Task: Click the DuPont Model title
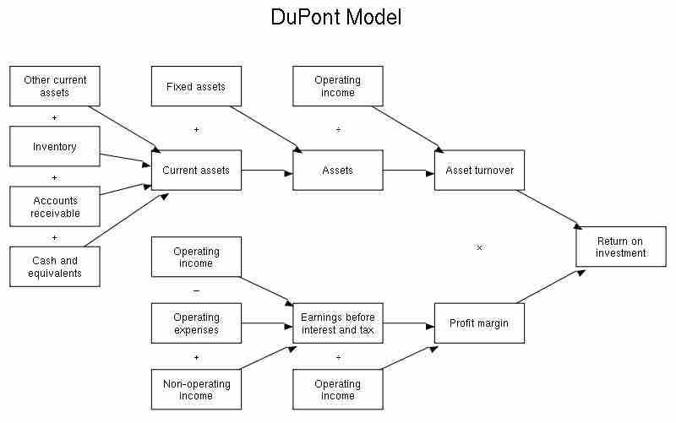point(336,17)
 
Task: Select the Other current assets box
point(55,86)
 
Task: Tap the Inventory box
point(55,147)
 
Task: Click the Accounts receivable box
point(55,207)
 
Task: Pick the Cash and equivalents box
point(55,267)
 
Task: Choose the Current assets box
point(196,171)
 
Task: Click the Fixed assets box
point(196,87)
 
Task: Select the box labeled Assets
point(338,171)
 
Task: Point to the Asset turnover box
point(479,171)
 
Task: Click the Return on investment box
point(621,247)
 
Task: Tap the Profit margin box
point(479,323)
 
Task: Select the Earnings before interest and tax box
point(338,323)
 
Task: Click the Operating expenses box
point(196,323)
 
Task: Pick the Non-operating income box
point(196,390)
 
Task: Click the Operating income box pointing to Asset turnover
point(338,87)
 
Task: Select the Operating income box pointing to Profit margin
point(338,390)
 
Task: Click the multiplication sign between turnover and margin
point(479,247)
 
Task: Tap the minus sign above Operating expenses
point(196,290)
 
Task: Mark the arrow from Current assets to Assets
point(267,171)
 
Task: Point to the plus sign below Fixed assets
point(196,130)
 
